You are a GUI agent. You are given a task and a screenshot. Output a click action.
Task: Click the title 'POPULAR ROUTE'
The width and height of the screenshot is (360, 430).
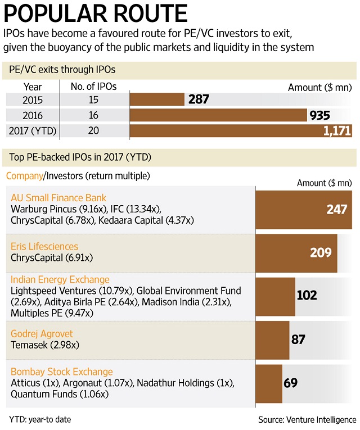click(x=96, y=13)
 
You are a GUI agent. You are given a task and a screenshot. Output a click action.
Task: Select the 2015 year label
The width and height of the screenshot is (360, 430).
click(x=32, y=99)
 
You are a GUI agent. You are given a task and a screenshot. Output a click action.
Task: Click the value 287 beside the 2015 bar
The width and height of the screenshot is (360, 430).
click(x=199, y=99)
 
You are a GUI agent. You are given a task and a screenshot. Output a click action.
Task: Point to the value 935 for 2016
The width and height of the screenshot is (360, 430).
click(x=319, y=116)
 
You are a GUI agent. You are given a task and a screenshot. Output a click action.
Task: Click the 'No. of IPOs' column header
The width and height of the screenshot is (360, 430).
click(x=93, y=87)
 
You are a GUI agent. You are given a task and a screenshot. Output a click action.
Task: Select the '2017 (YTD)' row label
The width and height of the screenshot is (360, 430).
click(x=33, y=131)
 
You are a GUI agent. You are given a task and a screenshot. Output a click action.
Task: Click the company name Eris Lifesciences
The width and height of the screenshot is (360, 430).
click(x=44, y=247)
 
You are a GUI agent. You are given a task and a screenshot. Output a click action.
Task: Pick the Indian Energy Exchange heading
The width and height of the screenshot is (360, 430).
click(x=60, y=280)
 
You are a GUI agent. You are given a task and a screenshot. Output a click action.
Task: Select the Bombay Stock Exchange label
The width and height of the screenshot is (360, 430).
click(x=62, y=372)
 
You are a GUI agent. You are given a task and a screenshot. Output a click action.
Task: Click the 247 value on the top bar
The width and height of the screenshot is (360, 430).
click(x=338, y=209)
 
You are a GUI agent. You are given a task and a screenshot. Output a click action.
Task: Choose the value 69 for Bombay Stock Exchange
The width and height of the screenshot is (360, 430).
click(x=290, y=383)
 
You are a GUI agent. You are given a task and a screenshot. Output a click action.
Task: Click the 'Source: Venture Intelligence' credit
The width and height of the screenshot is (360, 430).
click(x=307, y=419)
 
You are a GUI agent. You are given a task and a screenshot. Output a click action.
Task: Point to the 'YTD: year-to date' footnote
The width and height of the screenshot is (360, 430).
click(x=40, y=419)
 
